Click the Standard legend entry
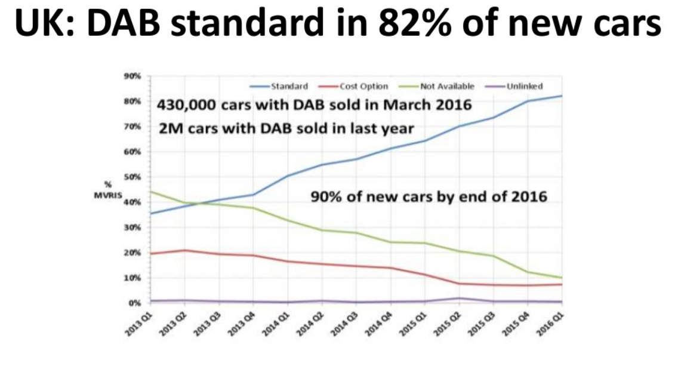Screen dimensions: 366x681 [289, 87]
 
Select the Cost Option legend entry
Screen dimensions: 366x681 [363, 87]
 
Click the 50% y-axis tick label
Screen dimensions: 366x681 [132, 177]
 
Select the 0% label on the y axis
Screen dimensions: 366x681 [134, 303]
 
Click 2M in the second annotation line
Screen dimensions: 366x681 [168, 128]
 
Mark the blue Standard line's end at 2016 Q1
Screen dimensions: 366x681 [562, 96]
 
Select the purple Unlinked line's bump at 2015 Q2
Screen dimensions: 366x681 [459, 299]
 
